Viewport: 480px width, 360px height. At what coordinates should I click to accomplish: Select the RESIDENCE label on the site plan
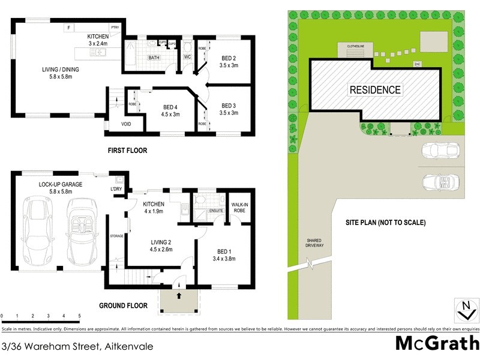(x=375, y=90)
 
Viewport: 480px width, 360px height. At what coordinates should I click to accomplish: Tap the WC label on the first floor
(x=187, y=58)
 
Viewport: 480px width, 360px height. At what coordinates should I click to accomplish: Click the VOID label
(x=126, y=124)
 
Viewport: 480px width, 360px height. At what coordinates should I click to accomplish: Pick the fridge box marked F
(x=70, y=28)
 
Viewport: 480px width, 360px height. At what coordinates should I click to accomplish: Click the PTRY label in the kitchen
(x=114, y=28)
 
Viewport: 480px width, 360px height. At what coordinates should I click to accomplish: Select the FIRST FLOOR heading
(x=127, y=151)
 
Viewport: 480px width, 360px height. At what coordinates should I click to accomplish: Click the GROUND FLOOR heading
(x=123, y=305)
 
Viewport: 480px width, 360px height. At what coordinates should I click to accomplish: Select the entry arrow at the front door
(x=179, y=296)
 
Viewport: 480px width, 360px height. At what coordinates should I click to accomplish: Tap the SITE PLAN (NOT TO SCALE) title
(x=385, y=223)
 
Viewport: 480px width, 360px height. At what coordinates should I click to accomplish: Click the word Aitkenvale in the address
(x=128, y=347)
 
